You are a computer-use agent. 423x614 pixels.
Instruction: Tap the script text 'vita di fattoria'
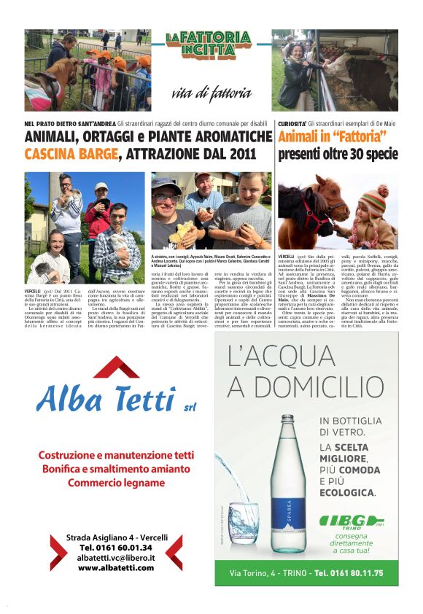click(x=211, y=93)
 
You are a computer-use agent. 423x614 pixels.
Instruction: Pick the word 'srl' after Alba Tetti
click(x=190, y=406)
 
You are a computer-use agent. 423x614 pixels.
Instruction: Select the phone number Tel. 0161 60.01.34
click(x=116, y=547)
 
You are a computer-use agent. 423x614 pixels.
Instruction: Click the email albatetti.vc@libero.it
click(x=116, y=557)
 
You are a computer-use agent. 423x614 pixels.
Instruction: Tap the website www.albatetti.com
click(x=116, y=567)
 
